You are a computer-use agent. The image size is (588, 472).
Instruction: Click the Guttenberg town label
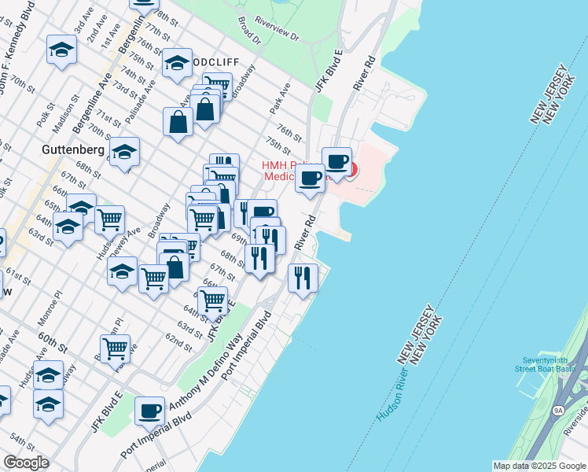[x=73, y=147]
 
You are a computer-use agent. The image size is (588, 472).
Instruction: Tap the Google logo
[x=26, y=463]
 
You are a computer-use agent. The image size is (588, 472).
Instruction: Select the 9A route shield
[x=558, y=411]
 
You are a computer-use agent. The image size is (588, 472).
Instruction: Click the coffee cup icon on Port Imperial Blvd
[x=149, y=410]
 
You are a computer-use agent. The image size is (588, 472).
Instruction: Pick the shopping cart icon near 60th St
[x=115, y=347]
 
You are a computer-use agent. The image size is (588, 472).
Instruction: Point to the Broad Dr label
[x=248, y=29]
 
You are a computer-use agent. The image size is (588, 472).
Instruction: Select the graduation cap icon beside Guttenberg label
[x=124, y=150]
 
